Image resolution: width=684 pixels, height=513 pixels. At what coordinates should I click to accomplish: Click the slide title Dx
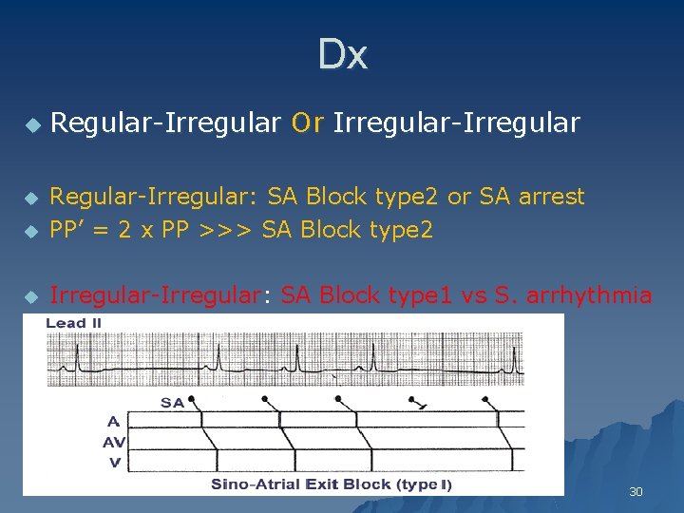342,55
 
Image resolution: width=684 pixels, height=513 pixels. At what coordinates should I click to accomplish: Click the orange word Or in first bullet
308,123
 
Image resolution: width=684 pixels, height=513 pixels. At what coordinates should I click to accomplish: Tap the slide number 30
636,492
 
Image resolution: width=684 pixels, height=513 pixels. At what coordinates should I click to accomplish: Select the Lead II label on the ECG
74,324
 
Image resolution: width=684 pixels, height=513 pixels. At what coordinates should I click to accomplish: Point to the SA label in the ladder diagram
172,403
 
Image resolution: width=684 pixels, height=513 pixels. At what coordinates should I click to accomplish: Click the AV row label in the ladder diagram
114,442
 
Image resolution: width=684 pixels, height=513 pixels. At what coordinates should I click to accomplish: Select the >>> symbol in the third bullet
228,230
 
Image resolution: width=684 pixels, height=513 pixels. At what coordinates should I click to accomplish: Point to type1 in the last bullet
419,295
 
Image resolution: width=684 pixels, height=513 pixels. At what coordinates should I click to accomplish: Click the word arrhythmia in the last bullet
592,295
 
